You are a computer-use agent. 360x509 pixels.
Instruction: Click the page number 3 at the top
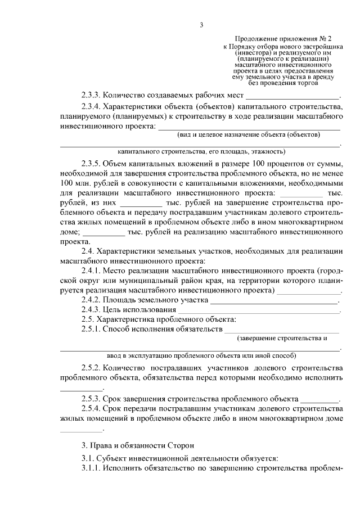click(x=201, y=24)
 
